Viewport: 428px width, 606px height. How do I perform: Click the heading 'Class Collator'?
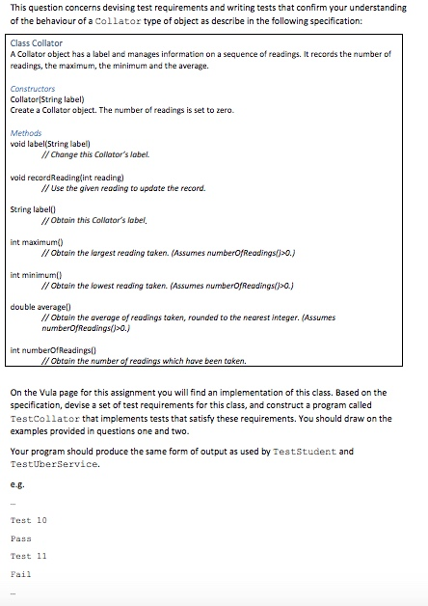point(37,42)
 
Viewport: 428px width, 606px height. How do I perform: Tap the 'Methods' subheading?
point(26,132)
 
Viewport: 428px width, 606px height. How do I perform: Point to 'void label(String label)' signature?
point(47,144)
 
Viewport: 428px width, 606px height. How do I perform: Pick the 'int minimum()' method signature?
point(36,275)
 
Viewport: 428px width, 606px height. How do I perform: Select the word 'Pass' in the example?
point(20,538)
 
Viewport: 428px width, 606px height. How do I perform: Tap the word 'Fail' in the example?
point(20,574)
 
